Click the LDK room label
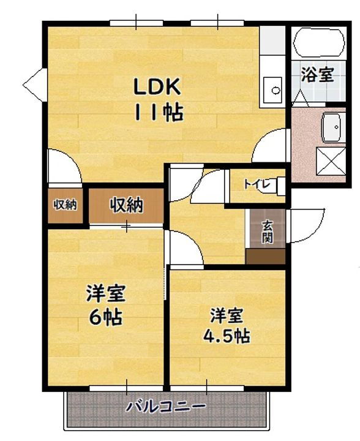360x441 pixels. click(x=157, y=87)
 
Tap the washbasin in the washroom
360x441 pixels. click(x=334, y=127)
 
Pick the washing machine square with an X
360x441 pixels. click(x=334, y=162)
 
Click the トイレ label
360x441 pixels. click(x=254, y=183)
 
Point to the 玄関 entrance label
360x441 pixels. click(x=268, y=232)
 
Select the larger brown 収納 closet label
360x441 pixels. click(x=127, y=205)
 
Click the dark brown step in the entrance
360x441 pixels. click(x=266, y=257)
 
